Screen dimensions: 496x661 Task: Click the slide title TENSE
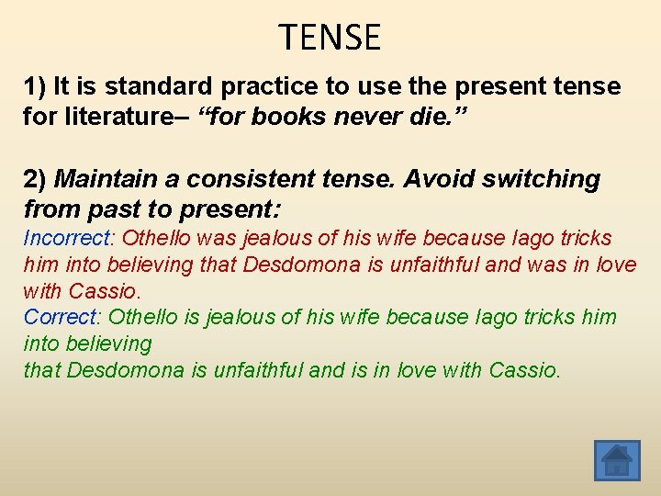point(330,38)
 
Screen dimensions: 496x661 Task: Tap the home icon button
point(617,459)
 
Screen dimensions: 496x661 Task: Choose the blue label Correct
point(59,318)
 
